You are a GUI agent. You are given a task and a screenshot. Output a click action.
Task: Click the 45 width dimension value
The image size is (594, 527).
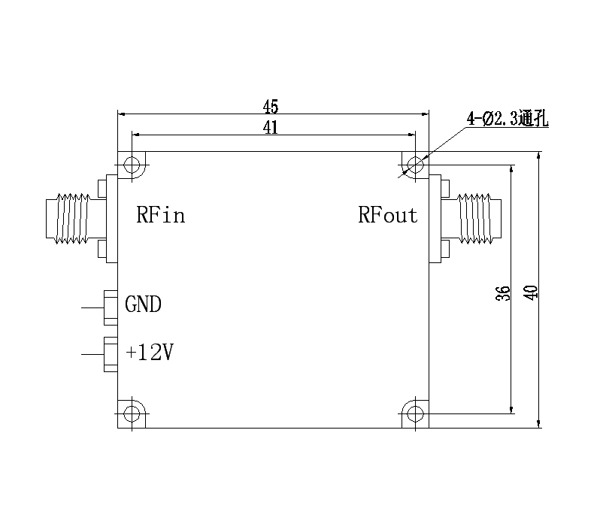tap(271, 105)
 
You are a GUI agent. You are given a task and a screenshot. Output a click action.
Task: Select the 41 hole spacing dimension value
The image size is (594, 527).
tap(271, 127)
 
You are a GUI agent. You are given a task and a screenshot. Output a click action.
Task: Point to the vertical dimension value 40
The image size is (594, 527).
tap(531, 292)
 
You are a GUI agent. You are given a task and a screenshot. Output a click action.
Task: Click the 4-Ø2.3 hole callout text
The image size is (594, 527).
tap(508, 119)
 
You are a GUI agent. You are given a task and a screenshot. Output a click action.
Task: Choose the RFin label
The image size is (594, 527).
tap(160, 216)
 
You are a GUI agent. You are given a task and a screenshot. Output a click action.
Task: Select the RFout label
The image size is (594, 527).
tap(387, 216)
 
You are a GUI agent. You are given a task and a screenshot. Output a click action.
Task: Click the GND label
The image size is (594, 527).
tap(143, 304)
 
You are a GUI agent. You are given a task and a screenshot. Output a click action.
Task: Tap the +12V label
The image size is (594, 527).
tap(150, 352)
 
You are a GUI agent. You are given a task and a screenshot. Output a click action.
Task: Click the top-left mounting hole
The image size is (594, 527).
tap(133, 165)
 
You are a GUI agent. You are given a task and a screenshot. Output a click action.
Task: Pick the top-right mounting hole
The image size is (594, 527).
tap(414, 165)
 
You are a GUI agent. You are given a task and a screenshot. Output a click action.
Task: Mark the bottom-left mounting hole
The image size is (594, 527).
tap(133, 413)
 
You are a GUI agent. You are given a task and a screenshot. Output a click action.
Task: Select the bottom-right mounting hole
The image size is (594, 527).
tap(414, 413)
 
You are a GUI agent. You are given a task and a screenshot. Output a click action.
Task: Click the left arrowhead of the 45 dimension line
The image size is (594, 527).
tap(123, 114)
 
